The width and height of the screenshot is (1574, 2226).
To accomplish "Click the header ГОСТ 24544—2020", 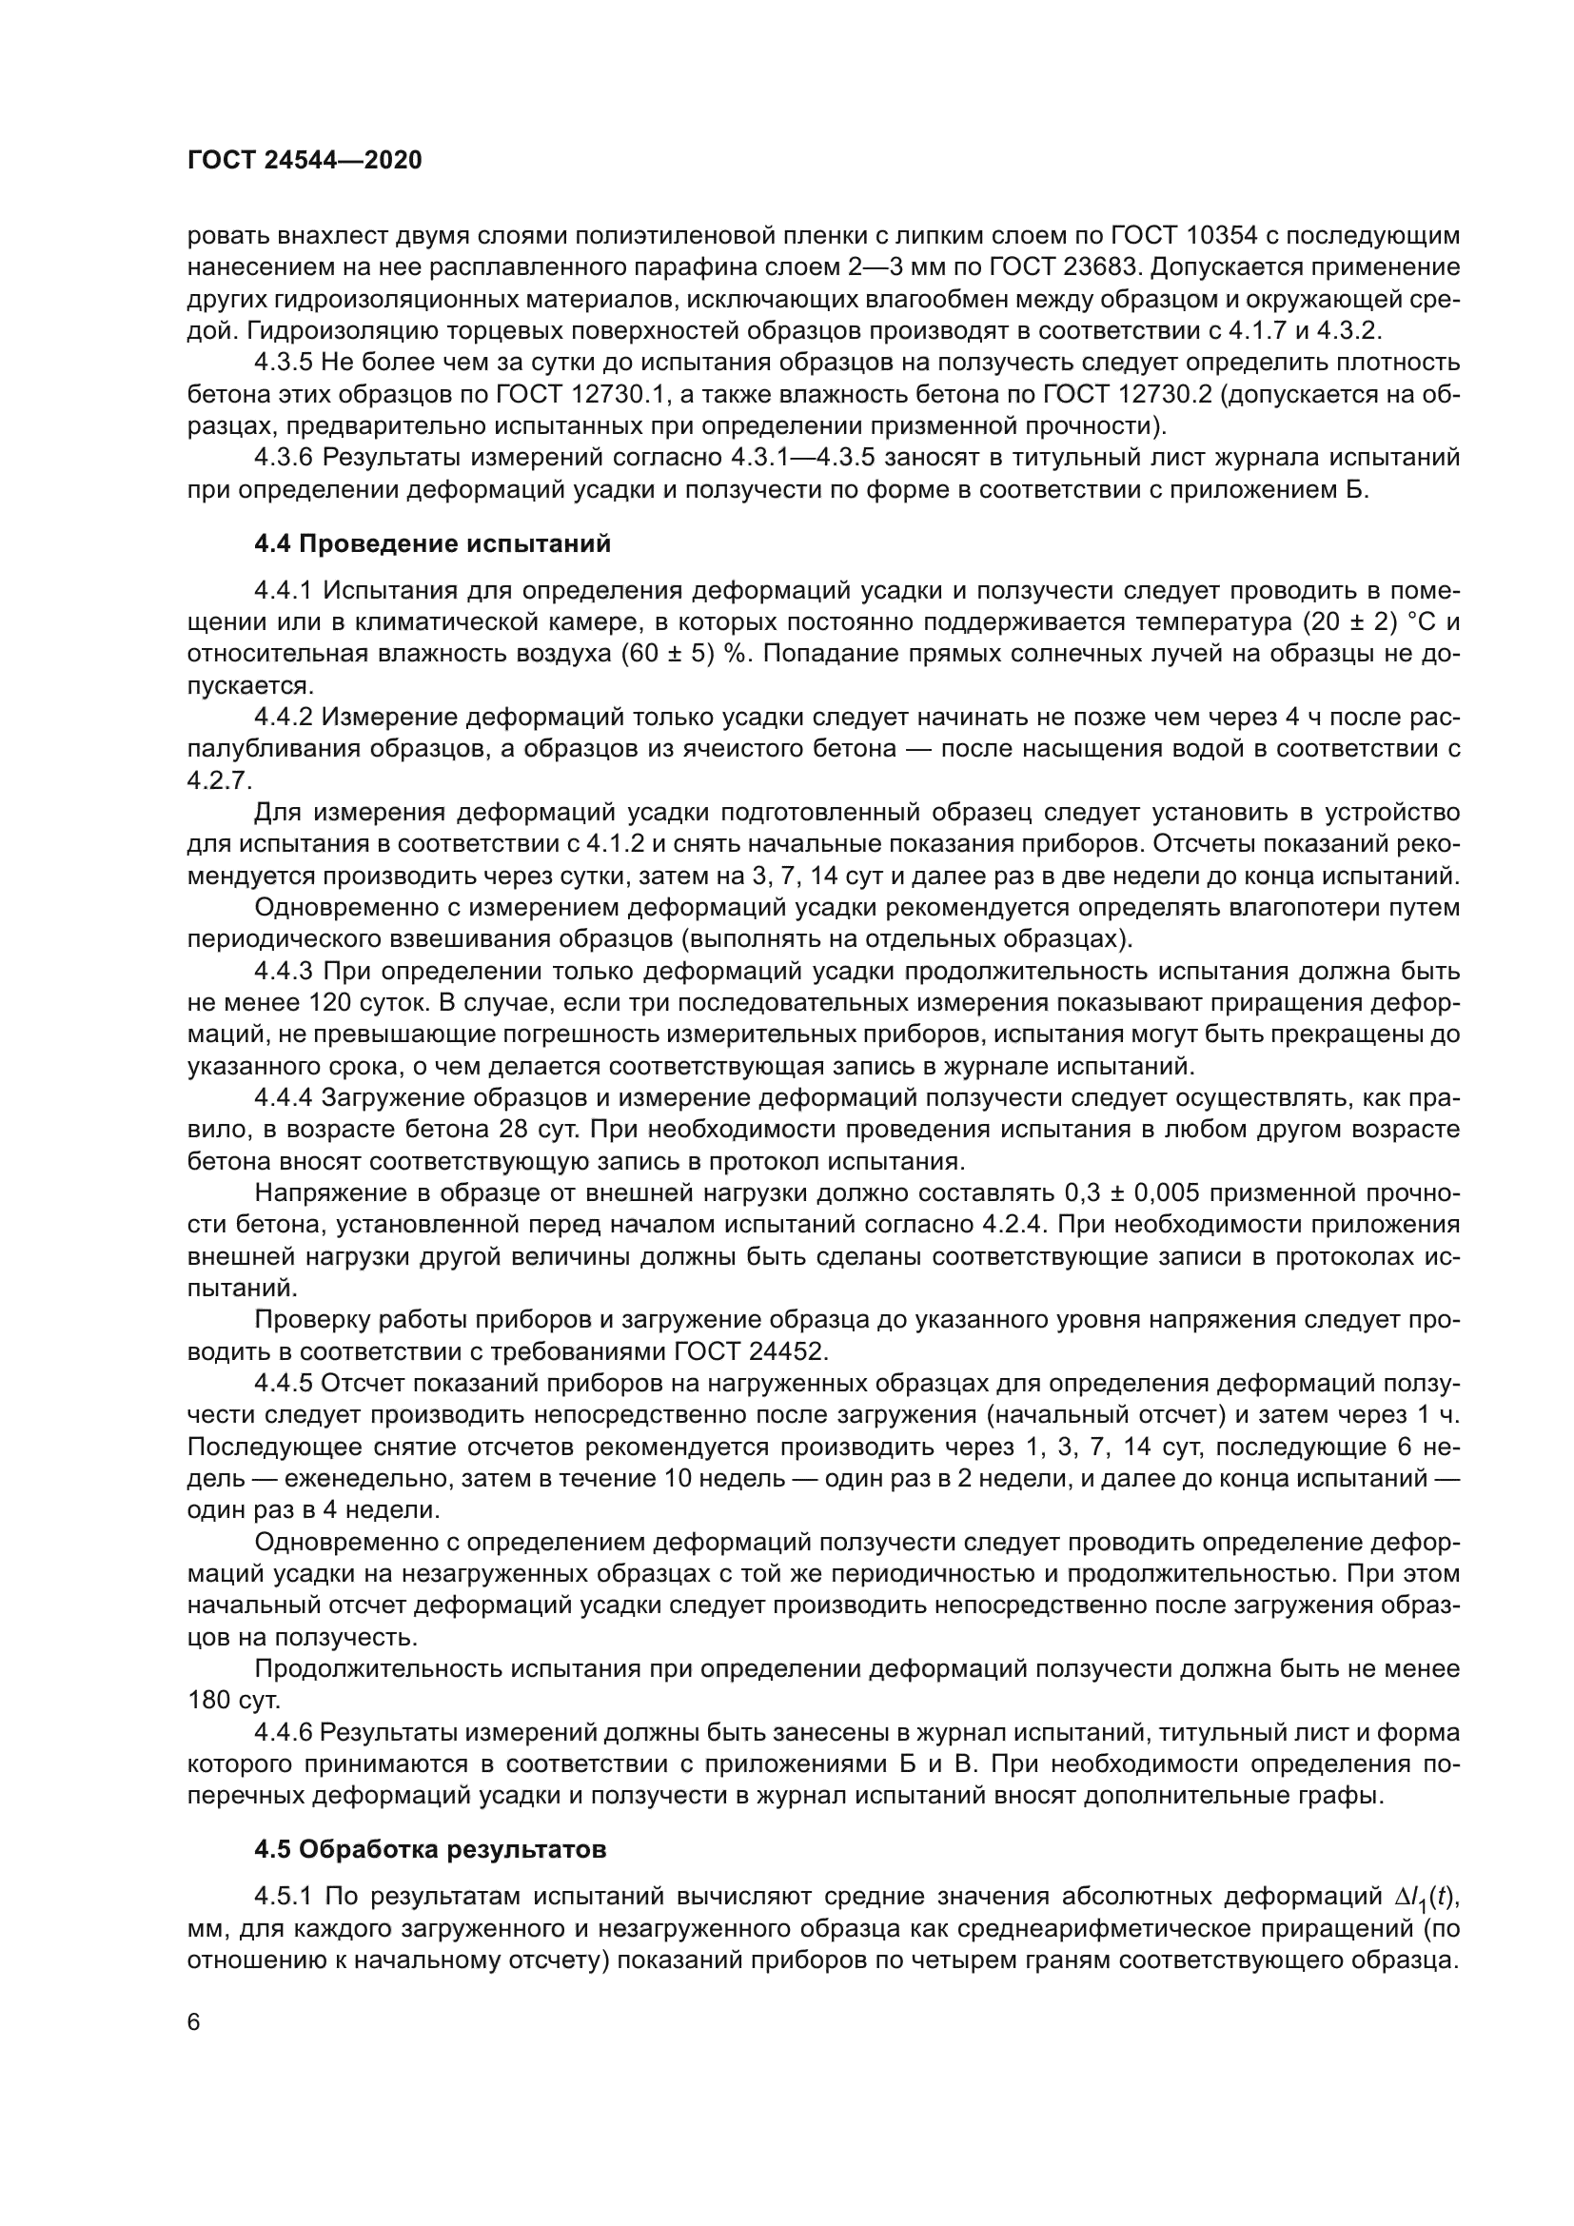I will [x=305, y=161].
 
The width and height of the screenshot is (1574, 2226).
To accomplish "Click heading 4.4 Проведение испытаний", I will [x=432, y=544].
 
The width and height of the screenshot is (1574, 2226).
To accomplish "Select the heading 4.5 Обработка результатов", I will [x=430, y=1849].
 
